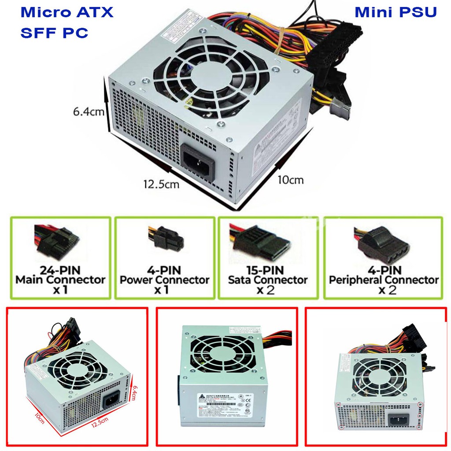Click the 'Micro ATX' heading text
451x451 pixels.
pos(67,12)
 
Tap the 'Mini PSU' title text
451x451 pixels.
pos(396,12)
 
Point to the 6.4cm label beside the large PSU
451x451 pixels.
pos(89,112)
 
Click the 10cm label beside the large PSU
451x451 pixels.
pos(290,179)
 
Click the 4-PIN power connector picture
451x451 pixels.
pos(165,239)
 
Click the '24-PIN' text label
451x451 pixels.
pos(61,269)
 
